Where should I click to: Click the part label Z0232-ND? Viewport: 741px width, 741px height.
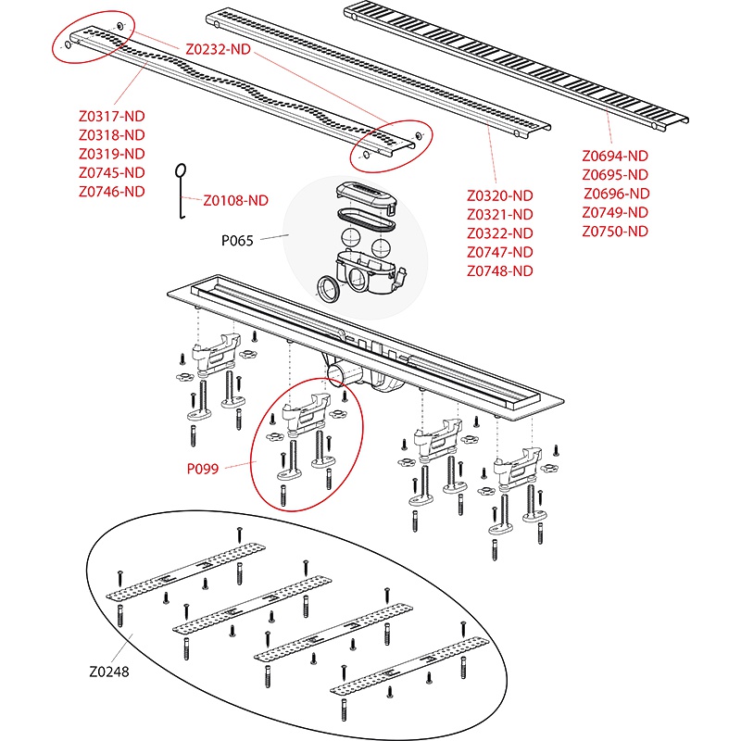(x=218, y=48)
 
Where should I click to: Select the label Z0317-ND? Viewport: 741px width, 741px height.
(x=112, y=117)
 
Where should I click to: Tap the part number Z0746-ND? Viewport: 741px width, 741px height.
(x=112, y=192)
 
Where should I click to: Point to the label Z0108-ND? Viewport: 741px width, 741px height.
(x=235, y=199)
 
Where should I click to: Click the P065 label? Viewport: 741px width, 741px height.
(x=237, y=240)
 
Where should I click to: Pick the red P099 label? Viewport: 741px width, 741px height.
(x=202, y=470)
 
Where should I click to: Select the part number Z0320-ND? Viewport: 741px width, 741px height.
(x=500, y=196)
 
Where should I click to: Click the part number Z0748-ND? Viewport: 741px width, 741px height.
(x=500, y=270)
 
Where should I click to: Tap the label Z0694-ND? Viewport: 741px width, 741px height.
(x=615, y=157)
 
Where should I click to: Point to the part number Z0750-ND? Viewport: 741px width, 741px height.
(x=615, y=232)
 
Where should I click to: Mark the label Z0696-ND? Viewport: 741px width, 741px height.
(x=617, y=194)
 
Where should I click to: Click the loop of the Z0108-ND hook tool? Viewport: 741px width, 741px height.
(x=182, y=170)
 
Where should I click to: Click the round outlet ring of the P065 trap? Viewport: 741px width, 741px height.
(x=329, y=288)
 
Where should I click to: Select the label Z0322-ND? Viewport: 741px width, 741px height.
(x=500, y=233)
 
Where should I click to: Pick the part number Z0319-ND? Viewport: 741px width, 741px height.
(x=112, y=154)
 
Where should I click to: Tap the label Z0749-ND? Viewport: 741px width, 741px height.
(x=615, y=213)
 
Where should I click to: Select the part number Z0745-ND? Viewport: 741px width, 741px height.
(x=112, y=172)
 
